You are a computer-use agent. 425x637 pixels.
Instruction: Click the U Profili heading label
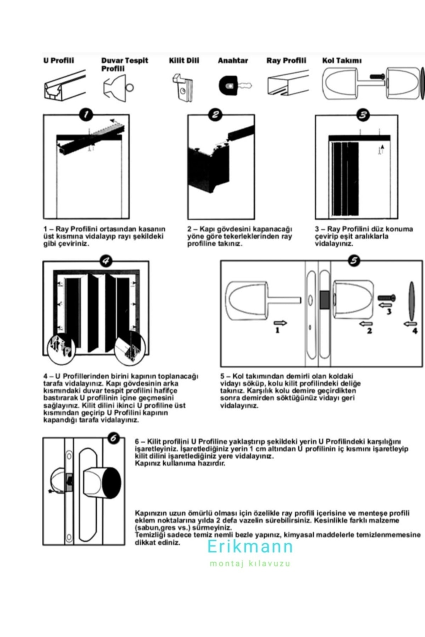(x=58, y=61)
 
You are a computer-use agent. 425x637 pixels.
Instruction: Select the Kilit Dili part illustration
(x=183, y=87)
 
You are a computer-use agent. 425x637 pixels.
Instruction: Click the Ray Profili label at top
(x=286, y=61)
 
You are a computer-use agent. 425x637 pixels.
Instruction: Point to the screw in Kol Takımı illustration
(x=377, y=76)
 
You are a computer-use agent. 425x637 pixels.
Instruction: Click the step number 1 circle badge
(x=86, y=115)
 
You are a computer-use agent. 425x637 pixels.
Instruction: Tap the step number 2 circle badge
(x=215, y=114)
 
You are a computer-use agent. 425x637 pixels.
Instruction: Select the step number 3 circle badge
(x=363, y=115)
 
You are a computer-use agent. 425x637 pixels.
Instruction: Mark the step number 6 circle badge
(x=113, y=438)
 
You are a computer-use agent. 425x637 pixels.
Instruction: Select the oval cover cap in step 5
(x=412, y=301)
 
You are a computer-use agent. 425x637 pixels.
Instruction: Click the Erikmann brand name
(x=250, y=547)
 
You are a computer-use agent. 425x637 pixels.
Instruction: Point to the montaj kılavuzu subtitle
(x=250, y=563)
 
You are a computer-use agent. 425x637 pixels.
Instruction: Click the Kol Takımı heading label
(x=341, y=61)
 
